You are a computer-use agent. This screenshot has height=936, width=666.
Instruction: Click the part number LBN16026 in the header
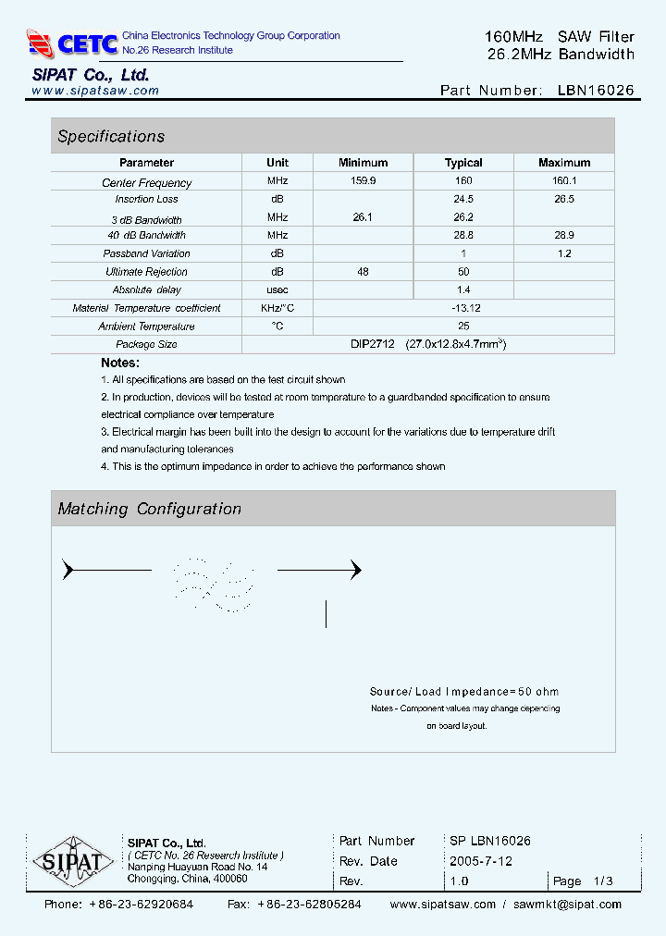(596, 91)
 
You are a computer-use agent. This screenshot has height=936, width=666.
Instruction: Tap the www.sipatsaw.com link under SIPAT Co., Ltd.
(95, 91)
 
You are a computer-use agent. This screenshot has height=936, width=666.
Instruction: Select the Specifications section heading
(111, 137)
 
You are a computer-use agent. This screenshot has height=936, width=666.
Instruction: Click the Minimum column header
(363, 163)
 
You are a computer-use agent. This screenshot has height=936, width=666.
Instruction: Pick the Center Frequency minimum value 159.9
(363, 182)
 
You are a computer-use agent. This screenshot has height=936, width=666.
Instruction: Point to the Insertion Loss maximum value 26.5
(563, 199)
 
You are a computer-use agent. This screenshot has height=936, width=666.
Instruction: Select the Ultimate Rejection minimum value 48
(363, 272)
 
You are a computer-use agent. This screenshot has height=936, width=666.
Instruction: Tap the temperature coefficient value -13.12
(463, 308)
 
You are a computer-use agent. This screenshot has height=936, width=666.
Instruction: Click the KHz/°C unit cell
(277, 308)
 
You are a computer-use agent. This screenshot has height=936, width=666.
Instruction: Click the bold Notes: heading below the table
(120, 363)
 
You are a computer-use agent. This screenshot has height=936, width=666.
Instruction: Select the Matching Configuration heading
(149, 509)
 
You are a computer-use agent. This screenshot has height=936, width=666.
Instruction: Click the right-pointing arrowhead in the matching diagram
(354, 571)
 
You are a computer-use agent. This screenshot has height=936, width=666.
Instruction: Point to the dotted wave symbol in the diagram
(214, 585)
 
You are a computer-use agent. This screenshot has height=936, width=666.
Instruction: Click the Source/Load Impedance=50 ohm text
(463, 692)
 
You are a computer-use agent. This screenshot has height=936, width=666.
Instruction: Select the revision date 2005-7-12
(481, 861)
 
